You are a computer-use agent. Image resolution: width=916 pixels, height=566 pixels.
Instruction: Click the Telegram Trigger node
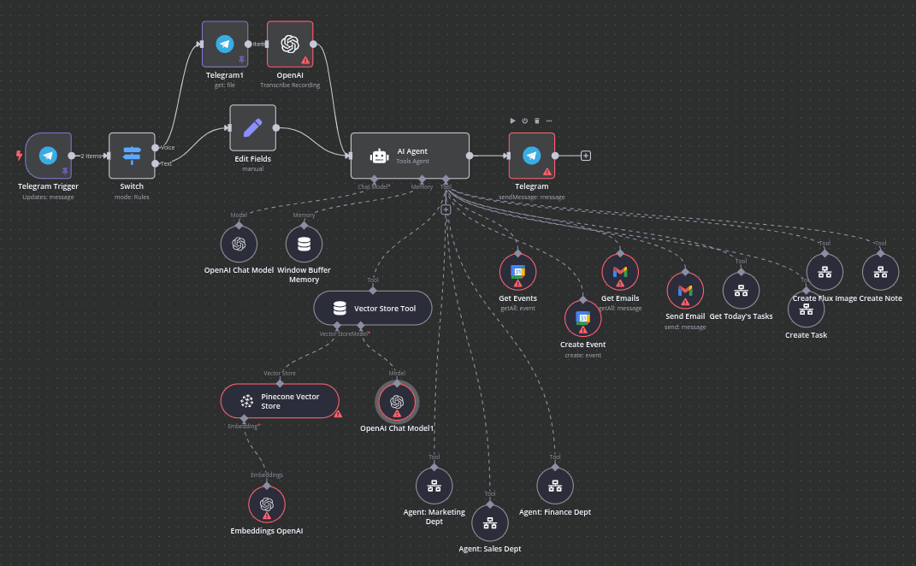pos(48,156)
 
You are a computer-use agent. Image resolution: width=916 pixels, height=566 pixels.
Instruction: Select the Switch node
pos(132,156)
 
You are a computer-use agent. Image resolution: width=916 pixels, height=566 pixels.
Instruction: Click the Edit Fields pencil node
pos(252,128)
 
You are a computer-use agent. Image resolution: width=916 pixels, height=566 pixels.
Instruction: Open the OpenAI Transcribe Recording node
pos(290,44)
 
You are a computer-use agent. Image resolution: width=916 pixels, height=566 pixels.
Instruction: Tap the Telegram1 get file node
pos(225,44)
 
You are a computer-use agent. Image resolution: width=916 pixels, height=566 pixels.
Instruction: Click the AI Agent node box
pos(410,156)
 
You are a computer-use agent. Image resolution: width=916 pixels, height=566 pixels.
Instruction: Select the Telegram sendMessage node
pos(531,156)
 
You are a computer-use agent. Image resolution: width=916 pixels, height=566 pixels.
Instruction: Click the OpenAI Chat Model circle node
pos(239,244)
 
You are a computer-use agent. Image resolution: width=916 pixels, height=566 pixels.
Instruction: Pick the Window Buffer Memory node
pos(304,244)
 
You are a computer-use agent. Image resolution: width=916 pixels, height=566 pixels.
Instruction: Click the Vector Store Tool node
pos(372,308)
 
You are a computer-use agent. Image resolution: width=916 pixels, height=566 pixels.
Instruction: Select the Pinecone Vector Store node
pos(280,401)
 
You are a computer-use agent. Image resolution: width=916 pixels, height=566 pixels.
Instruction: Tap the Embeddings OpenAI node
pos(267,504)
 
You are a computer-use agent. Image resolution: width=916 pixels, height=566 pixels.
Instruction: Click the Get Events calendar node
pos(517,272)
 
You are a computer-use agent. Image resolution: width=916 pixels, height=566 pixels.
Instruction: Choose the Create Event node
pos(582,318)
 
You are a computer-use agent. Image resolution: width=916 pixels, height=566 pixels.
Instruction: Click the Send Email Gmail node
pos(685,291)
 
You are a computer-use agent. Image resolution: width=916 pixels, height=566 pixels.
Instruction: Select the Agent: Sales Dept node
pos(489,523)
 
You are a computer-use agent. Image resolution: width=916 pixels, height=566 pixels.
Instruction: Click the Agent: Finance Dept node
pos(555,486)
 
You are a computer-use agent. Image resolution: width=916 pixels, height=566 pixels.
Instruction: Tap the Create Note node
pos(880,272)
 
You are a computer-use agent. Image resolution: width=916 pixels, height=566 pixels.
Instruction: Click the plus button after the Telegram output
pos(586,156)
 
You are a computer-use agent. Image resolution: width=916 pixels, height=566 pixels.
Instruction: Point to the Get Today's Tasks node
pos(741,290)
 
